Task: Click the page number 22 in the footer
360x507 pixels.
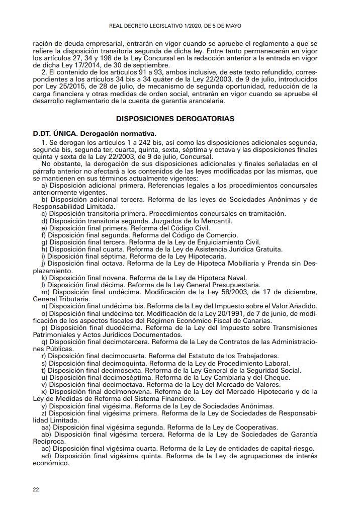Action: (x=36, y=489)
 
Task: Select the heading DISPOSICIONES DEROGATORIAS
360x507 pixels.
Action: (x=174, y=119)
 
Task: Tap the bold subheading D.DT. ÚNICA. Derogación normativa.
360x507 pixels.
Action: (x=95, y=134)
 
